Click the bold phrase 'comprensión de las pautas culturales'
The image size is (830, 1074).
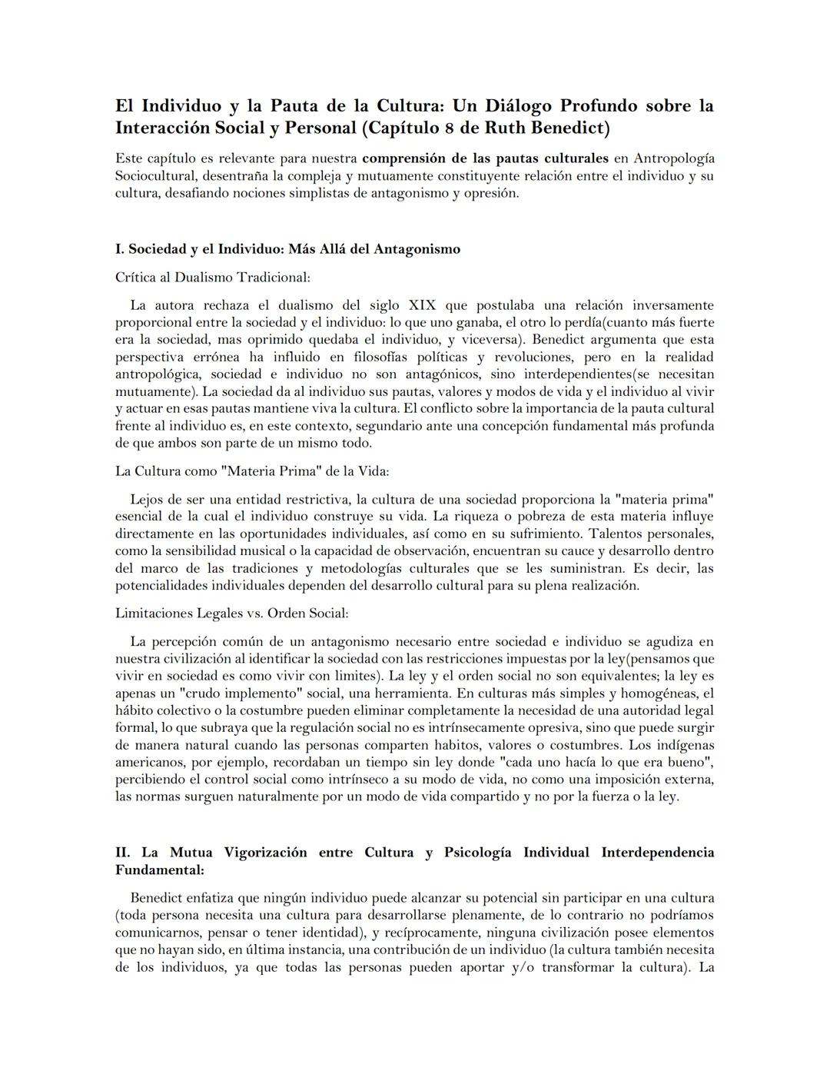(x=485, y=158)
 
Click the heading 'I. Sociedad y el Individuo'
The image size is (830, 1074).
(x=287, y=249)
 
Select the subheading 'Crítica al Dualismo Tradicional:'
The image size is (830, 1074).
(x=212, y=277)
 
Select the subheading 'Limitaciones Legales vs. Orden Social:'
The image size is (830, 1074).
(x=231, y=613)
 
